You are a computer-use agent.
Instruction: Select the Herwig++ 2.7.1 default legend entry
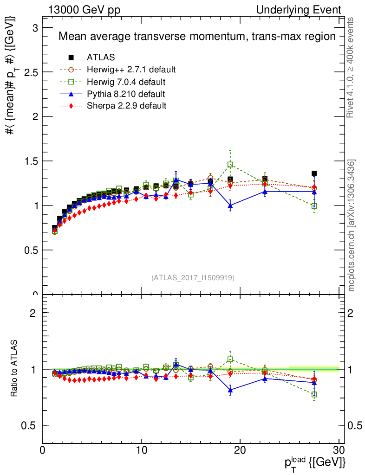pyautogui.click(x=131, y=70)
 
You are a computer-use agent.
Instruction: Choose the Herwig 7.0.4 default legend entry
pyautogui.click(x=126, y=82)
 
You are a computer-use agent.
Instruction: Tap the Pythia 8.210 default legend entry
pyautogui.click(x=126, y=94)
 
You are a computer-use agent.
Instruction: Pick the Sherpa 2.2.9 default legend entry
pyautogui.click(x=126, y=106)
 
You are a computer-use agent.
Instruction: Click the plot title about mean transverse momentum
pyautogui.click(x=196, y=36)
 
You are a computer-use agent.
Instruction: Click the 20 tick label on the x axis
pyautogui.click(x=240, y=450)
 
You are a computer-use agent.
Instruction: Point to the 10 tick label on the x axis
pyautogui.click(x=141, y=450)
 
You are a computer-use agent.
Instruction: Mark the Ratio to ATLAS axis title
pyautogui.click(x=14, y=368)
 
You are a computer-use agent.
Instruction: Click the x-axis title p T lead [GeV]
pyautogui.click(x=314, y=462)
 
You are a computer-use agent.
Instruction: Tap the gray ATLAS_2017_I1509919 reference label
pyautogui.click(x=193, y=278)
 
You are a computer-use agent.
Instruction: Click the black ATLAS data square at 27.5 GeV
pyautogui.click(x=314, y=173)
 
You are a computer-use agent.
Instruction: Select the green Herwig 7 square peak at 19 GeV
pyautogui.click(x=230, y=165)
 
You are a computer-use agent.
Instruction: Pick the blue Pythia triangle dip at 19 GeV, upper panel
pyautogui.click(x=230, y=205)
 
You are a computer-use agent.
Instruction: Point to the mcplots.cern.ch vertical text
pyautogui.click(x=351, y=225)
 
